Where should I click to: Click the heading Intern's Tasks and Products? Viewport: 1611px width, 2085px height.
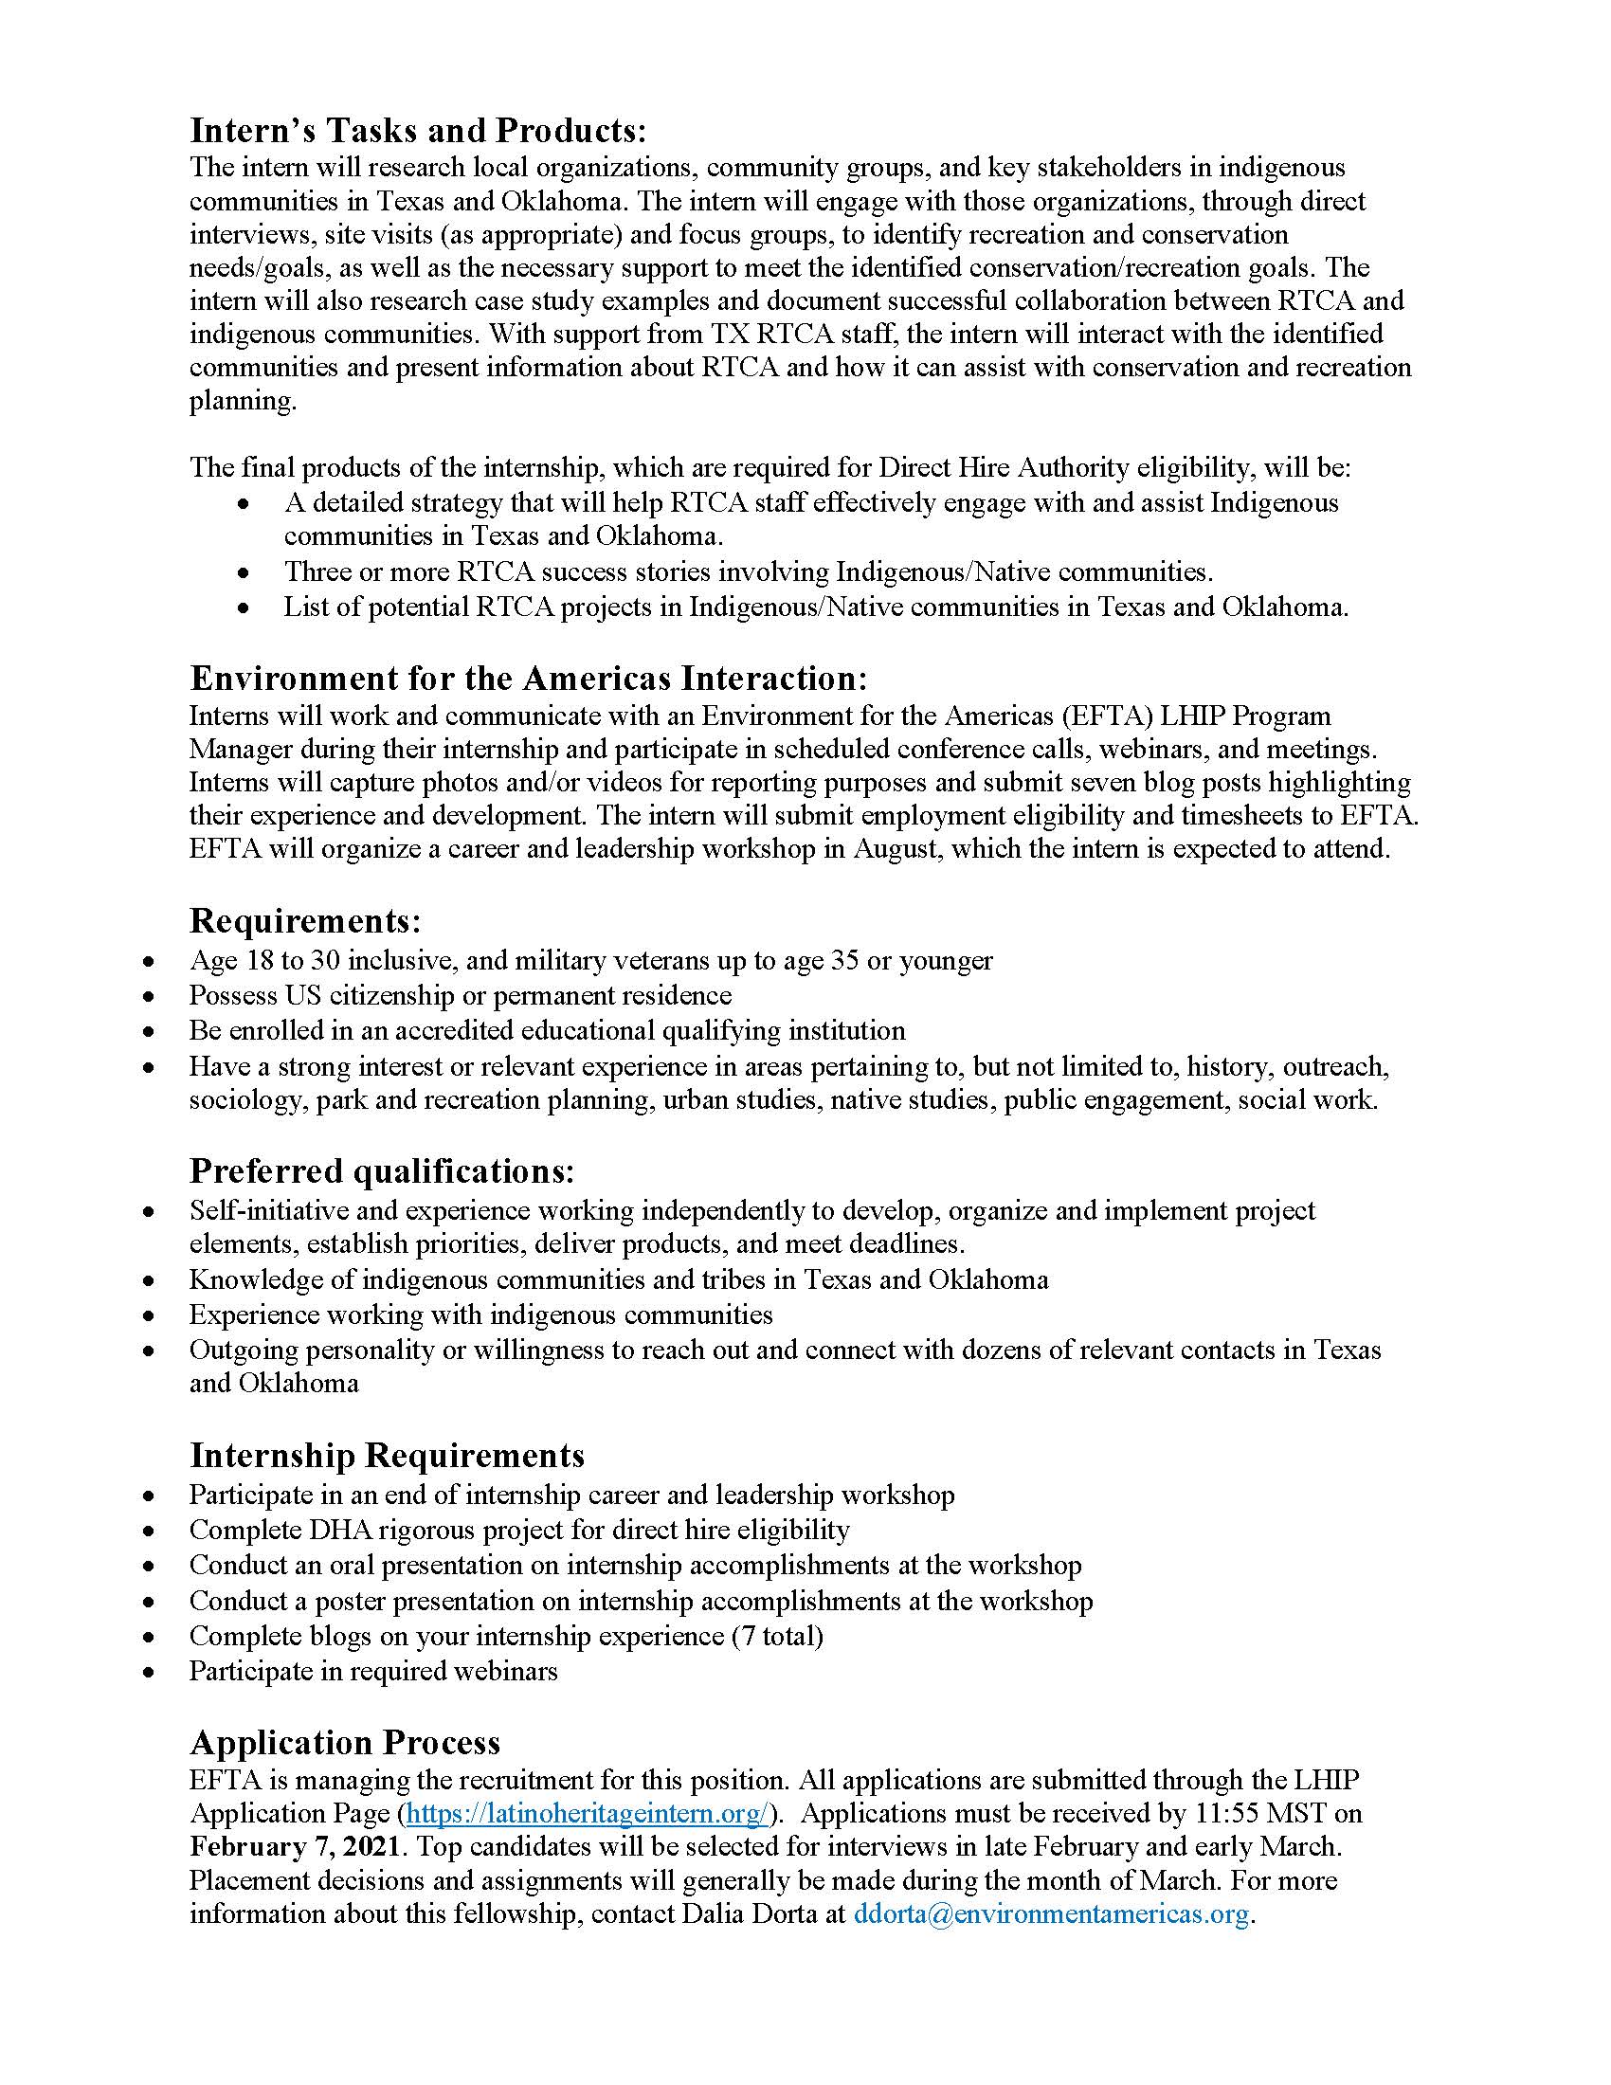coord(417,130)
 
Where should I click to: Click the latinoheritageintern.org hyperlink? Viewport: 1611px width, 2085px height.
coord(587,1813)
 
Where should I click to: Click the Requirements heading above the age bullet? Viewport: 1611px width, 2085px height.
coord(304,921)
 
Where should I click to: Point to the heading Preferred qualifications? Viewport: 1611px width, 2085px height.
coord(382,1170)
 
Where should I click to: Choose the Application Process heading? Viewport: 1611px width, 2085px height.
coord(345,1742)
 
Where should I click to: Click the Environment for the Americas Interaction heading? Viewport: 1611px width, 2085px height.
coord(529,678)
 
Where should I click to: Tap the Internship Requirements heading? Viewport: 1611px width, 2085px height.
coord(387,1456)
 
